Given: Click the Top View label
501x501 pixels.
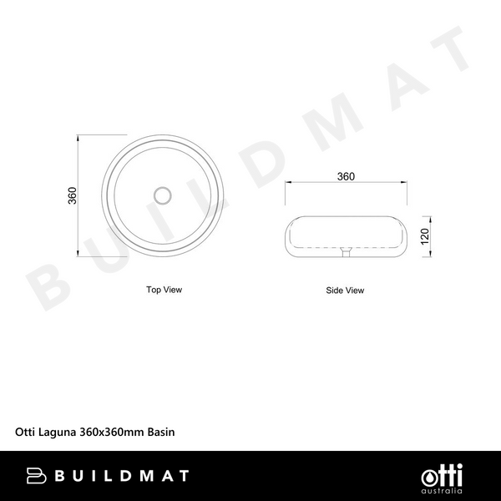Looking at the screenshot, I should [164, 290].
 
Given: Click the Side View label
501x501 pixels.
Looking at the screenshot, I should [345, 291].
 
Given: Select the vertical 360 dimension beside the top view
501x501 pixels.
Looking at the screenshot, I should [73, 195].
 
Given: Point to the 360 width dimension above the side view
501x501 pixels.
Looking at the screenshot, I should [345, 176].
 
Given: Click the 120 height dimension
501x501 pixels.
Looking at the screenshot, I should [424, 235].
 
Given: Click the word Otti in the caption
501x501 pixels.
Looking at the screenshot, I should [25, 433].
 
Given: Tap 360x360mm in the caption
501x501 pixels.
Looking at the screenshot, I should [112, 433].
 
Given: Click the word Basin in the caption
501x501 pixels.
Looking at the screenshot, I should [161, 433].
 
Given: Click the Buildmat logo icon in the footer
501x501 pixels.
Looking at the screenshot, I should [35, 476].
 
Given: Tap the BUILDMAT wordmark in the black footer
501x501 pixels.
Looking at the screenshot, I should [122, 476].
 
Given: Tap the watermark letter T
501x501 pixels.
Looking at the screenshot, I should [448, 53].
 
